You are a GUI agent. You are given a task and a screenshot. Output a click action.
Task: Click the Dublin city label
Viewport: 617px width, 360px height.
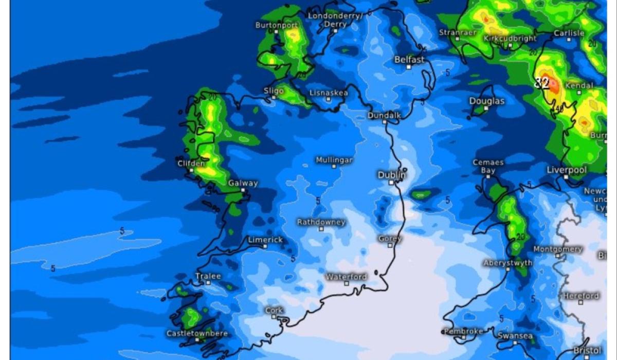coord(391,175)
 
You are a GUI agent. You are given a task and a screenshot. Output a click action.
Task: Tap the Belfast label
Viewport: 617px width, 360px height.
coord(409,60)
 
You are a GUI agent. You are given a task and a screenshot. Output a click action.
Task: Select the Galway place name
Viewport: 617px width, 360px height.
coord(243,183)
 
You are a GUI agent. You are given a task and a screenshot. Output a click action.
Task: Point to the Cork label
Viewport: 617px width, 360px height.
coord(274,310)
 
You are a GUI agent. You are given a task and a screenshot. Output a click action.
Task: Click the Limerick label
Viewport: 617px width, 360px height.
coord(265,240)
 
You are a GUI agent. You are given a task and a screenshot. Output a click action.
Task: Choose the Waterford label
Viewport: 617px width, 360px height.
coord(347,277)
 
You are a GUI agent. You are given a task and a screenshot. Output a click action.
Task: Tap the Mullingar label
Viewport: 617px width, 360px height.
coord(334,160)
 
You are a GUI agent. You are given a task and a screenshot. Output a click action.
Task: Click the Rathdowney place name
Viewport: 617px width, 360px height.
coord(321,222)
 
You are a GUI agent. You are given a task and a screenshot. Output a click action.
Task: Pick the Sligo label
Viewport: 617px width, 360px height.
coord(274,91)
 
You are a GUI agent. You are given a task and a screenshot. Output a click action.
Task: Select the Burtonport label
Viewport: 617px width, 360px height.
coord(276,25)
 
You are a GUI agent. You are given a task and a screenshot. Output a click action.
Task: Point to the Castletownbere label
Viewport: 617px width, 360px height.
coord(196,333)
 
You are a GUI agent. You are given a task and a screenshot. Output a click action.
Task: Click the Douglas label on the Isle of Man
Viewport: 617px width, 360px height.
coord(486,101)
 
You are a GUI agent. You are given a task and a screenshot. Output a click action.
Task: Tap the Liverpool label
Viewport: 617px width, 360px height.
coord(566,170)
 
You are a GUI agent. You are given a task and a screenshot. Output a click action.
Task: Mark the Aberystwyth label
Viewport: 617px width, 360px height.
coord(507,263)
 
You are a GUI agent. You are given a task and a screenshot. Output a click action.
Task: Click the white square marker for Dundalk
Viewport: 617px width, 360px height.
coord(384,122)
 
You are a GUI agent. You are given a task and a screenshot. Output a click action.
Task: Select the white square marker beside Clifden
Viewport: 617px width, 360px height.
coord(191,170)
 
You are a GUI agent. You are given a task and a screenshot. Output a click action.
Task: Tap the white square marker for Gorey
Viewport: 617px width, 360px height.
coord(390,245)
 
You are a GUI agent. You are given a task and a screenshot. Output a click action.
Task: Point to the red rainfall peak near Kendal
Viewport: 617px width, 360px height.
coord(553,85)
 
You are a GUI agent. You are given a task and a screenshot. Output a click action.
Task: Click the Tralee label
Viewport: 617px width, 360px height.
coord(208,276)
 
